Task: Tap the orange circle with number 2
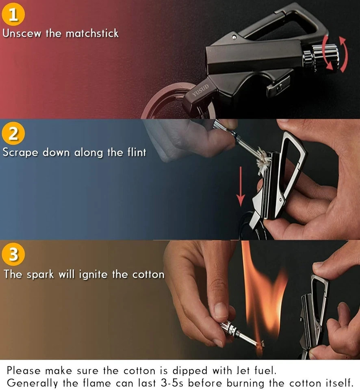tap(13, 134)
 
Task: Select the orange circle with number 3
tap(13, 255)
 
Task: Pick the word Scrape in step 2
tap(21, 153)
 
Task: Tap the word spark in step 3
tap(43, 274)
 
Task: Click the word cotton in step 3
tap(148, 274)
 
